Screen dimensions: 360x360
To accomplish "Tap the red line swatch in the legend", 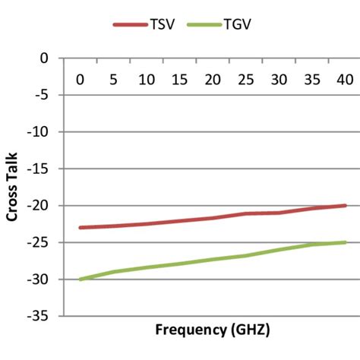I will [x=129, y=24].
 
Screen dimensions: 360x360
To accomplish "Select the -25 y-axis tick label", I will [x=44, y=242].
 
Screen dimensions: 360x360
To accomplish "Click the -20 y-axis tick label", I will [x=44, y=206].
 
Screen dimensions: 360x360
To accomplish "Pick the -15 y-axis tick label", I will [x=44, y=169].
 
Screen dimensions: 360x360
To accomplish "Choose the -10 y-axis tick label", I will [x=44, y=131].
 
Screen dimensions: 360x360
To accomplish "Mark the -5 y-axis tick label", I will [x=47, y=95].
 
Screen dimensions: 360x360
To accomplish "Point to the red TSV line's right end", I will [x=345, y=205].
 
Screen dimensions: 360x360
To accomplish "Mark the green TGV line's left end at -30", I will [x=81, y=279].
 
